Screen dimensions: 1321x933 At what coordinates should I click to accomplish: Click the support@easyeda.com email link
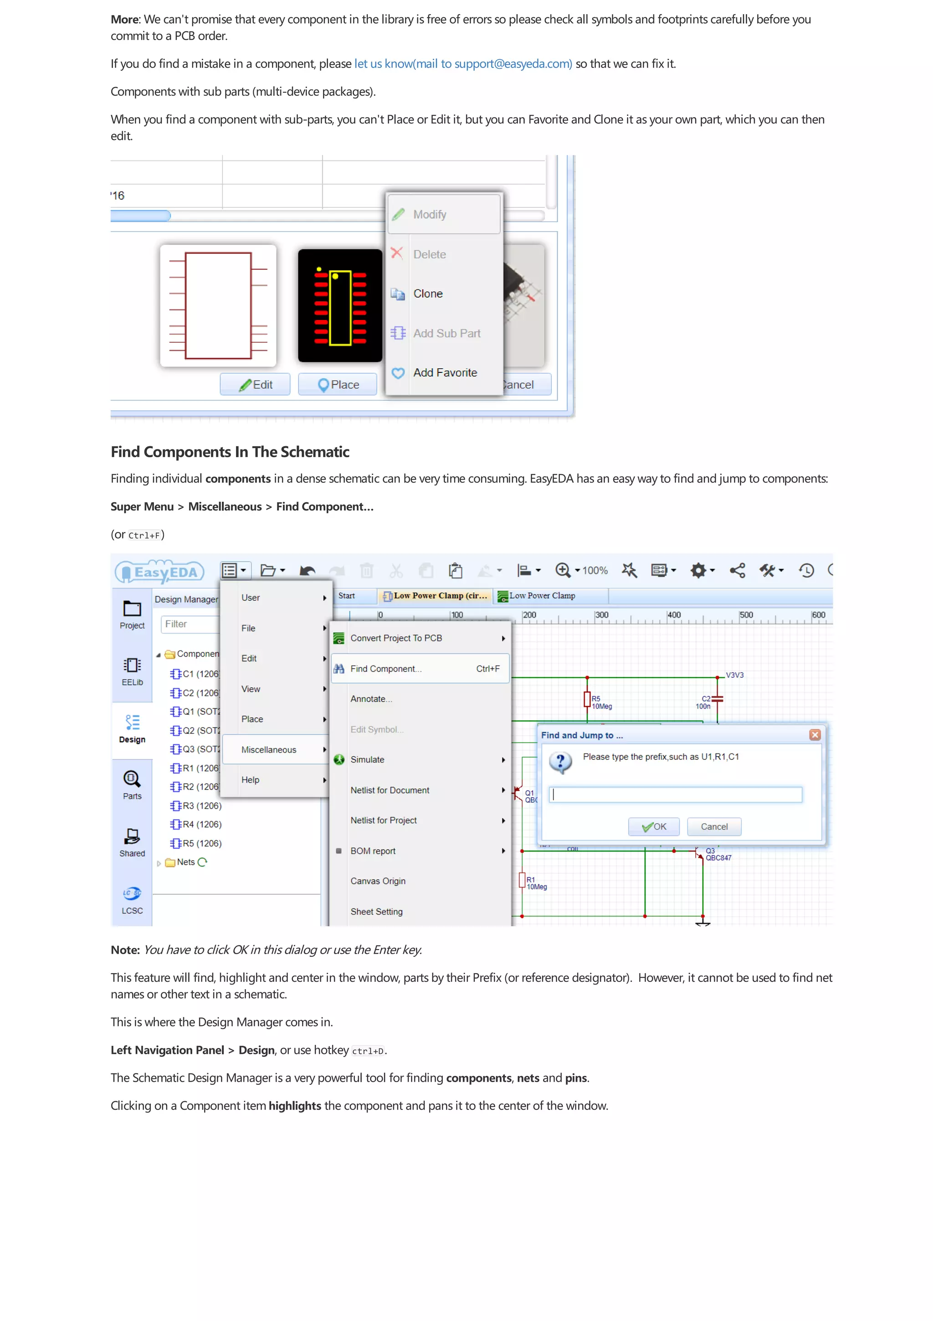point(463,64)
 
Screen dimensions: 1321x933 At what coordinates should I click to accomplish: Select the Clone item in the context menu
point(428,294)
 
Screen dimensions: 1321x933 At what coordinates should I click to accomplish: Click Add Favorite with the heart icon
point(444,372)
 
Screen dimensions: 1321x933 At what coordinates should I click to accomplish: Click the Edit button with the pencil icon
point(255,384)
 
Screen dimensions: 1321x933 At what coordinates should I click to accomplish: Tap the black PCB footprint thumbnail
point(340,305)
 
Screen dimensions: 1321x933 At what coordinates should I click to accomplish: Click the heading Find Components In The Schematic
point(230,452)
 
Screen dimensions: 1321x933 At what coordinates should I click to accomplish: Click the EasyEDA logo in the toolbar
point(160,571)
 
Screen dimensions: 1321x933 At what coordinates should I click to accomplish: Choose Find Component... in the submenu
point(386,669)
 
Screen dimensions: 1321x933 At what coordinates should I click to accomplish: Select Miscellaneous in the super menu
point(268,750)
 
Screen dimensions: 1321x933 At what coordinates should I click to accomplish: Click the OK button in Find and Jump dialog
point(654,827)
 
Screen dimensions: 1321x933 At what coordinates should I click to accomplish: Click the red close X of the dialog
point(815,735)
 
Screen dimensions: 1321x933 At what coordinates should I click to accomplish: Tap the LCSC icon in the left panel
point(132,899)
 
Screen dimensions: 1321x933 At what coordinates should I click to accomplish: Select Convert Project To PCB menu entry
point(396,638)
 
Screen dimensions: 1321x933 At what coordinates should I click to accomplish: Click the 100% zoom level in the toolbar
point(595,571)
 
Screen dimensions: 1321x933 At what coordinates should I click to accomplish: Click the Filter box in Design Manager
point(190,624)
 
